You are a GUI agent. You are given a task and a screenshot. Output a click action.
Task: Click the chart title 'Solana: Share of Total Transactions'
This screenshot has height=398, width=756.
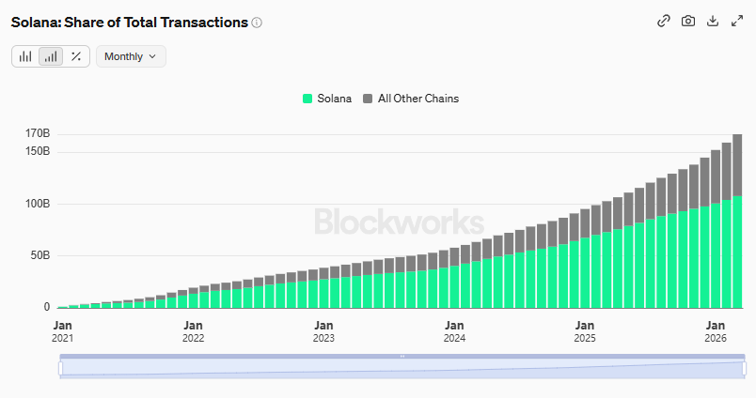tap(129, 22)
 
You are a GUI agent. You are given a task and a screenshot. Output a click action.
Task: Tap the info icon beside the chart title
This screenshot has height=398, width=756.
tap(258, 23)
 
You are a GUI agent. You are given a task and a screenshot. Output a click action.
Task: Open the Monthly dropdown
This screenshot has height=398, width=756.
tap(131, 56)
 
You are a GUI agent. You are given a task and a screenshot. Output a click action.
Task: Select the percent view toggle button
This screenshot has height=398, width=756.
tap(75, 56)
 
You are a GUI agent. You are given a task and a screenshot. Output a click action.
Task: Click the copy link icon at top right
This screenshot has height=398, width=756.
tap(663, 22)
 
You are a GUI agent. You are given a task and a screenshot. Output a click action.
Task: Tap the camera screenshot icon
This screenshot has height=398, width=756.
tap(688, 22)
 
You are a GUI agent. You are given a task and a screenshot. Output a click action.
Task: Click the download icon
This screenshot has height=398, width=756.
tap(713, 22)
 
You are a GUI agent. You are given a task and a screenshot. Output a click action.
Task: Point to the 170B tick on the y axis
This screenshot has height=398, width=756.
tap(37, 133)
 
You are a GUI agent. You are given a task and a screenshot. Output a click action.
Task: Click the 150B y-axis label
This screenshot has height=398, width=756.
tap(37, 151)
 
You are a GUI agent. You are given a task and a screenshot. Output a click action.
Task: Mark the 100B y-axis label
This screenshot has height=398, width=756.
tap(37, 204)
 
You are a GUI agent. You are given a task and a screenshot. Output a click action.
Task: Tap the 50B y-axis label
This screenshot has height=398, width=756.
tap(39, 255)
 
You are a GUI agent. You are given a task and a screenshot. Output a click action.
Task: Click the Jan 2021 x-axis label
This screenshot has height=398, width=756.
tap(62, 329)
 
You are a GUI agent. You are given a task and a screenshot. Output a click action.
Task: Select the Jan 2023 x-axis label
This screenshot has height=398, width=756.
tap(323, 329)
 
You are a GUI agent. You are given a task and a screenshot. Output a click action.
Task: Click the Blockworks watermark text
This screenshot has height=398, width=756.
tap(399, 222)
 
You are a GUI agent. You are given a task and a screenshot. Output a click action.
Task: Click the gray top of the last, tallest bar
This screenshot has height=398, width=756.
tap(738, 164)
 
